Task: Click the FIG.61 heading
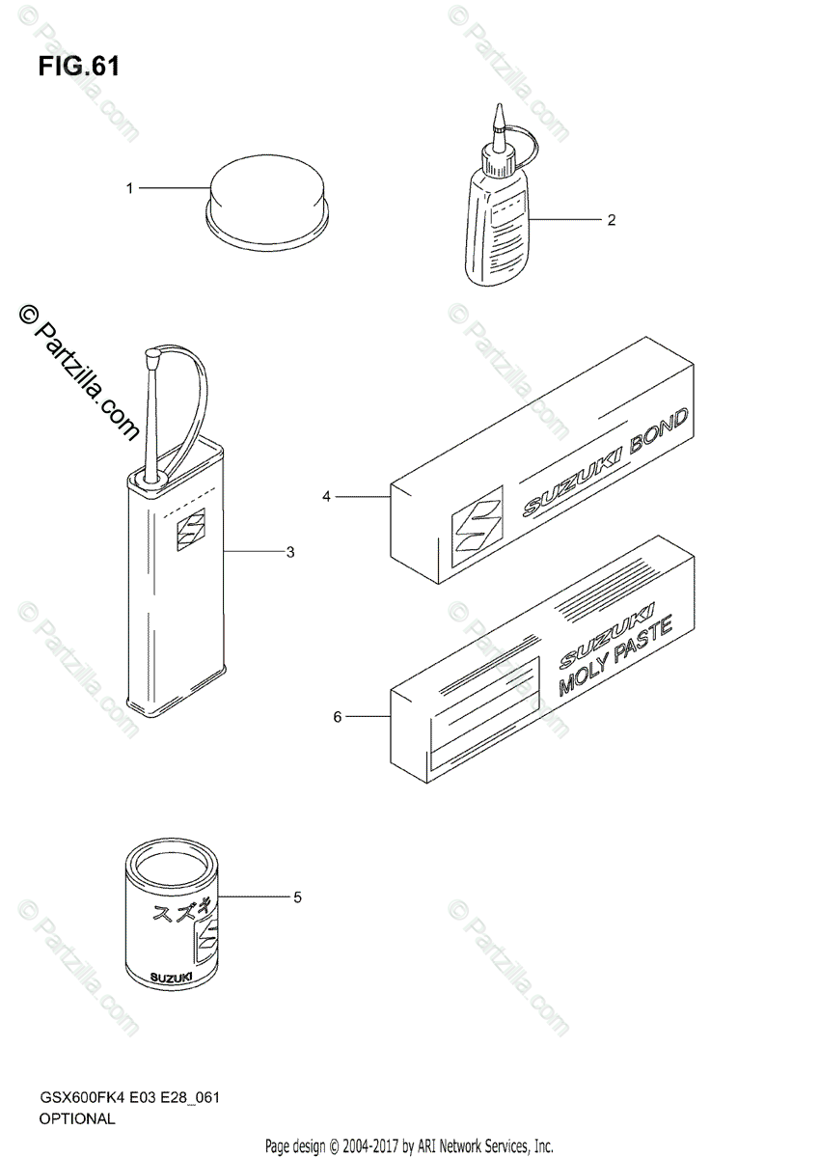click(80, 67)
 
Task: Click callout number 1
click(129, 189)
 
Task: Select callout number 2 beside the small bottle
click(611, 219)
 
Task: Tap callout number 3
click(289, 552)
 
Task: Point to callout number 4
click(326, 496)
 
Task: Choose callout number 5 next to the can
click(297, 897)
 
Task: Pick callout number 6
click(337, 717)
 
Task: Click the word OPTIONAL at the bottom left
click(77, 1119)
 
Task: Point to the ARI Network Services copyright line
click(409, 1146)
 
